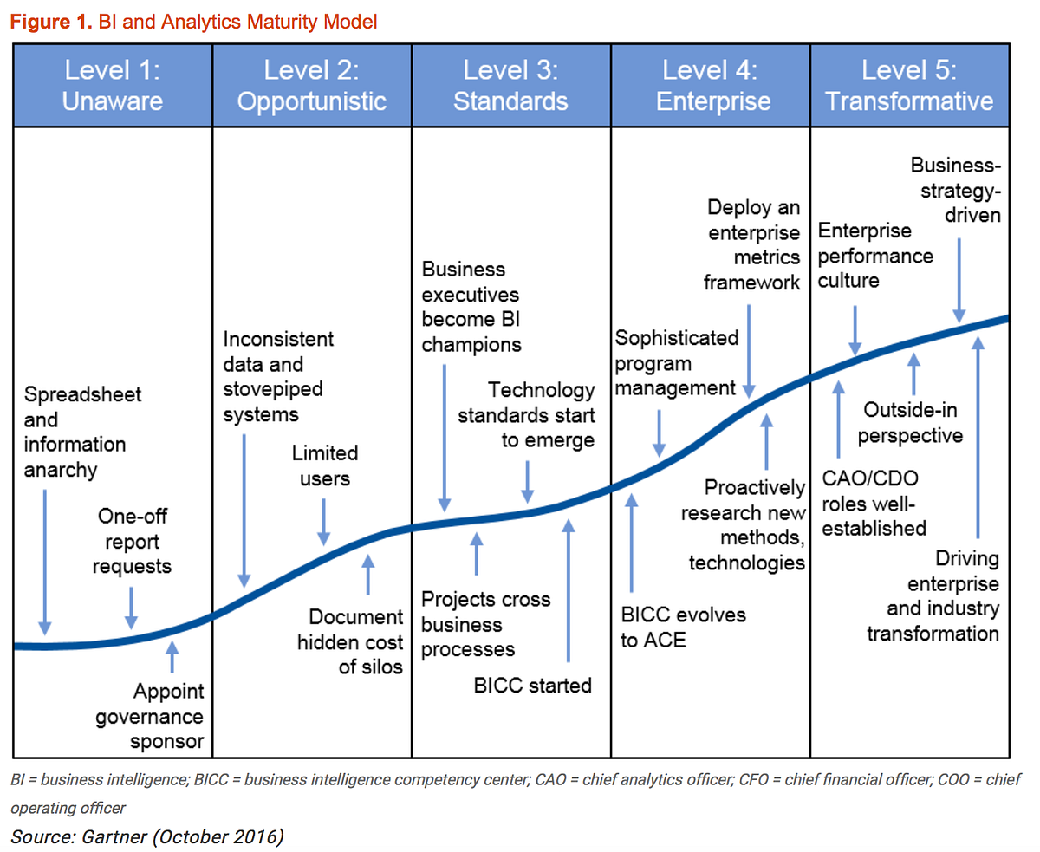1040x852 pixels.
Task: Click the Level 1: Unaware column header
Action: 113,85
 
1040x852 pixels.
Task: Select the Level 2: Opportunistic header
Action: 312,85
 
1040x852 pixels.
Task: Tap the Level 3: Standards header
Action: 511,85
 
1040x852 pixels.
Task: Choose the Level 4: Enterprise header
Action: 712,85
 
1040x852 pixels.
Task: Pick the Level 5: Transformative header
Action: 909,85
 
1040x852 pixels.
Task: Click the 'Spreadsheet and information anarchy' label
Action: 82,432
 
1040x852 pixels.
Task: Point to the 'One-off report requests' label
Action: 132,542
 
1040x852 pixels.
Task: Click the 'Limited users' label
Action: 325,465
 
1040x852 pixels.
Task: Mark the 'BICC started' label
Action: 533,685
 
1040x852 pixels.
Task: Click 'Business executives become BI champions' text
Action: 471,307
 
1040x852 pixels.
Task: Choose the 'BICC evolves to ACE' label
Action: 683,628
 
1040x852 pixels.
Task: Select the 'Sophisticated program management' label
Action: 676,362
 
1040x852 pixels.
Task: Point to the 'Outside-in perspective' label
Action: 911,422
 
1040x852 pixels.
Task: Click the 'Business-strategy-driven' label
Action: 956,189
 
